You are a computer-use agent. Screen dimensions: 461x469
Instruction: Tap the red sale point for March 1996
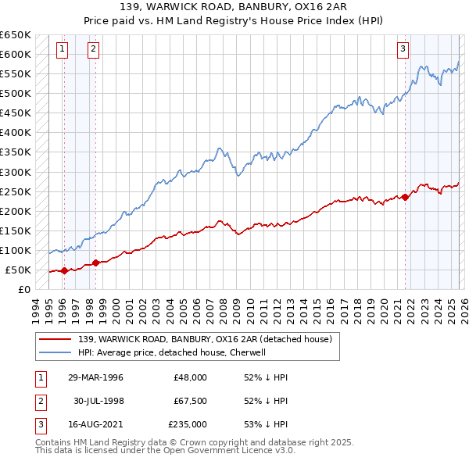[64, 271]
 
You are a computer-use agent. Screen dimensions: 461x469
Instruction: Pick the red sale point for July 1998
[95, 263]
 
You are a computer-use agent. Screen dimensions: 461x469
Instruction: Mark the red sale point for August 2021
[406, 197]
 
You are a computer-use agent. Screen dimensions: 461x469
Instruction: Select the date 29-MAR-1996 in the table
[95, 377]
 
